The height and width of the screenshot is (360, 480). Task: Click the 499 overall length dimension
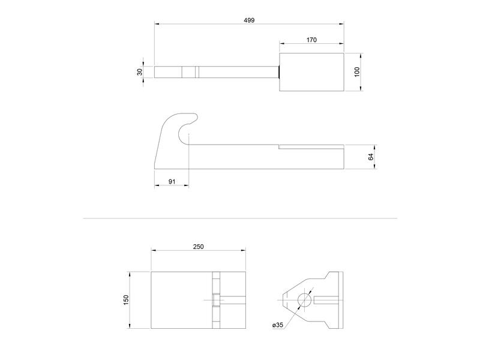[250, 20]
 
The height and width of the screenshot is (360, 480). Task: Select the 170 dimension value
[311, 40]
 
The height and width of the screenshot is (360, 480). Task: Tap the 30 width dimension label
[140, 72]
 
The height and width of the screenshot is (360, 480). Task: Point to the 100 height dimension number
[356, 72]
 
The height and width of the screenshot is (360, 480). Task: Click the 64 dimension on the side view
[371, 156]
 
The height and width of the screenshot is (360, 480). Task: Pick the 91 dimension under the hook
[172, 181]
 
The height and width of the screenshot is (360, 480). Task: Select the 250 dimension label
[199, 247]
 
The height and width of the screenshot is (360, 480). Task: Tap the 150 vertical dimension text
[126, 299]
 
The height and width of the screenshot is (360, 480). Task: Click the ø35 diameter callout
[277, 325]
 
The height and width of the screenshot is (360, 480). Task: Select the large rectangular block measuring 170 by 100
[311, 72]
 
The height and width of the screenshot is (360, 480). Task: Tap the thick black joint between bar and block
[279, 72]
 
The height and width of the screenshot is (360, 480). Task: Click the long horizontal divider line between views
[240, 218]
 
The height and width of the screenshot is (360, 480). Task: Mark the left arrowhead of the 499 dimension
[157, 24]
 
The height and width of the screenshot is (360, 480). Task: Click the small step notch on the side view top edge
[280, 146]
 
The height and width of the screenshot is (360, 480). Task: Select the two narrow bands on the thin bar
[190, 72]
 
